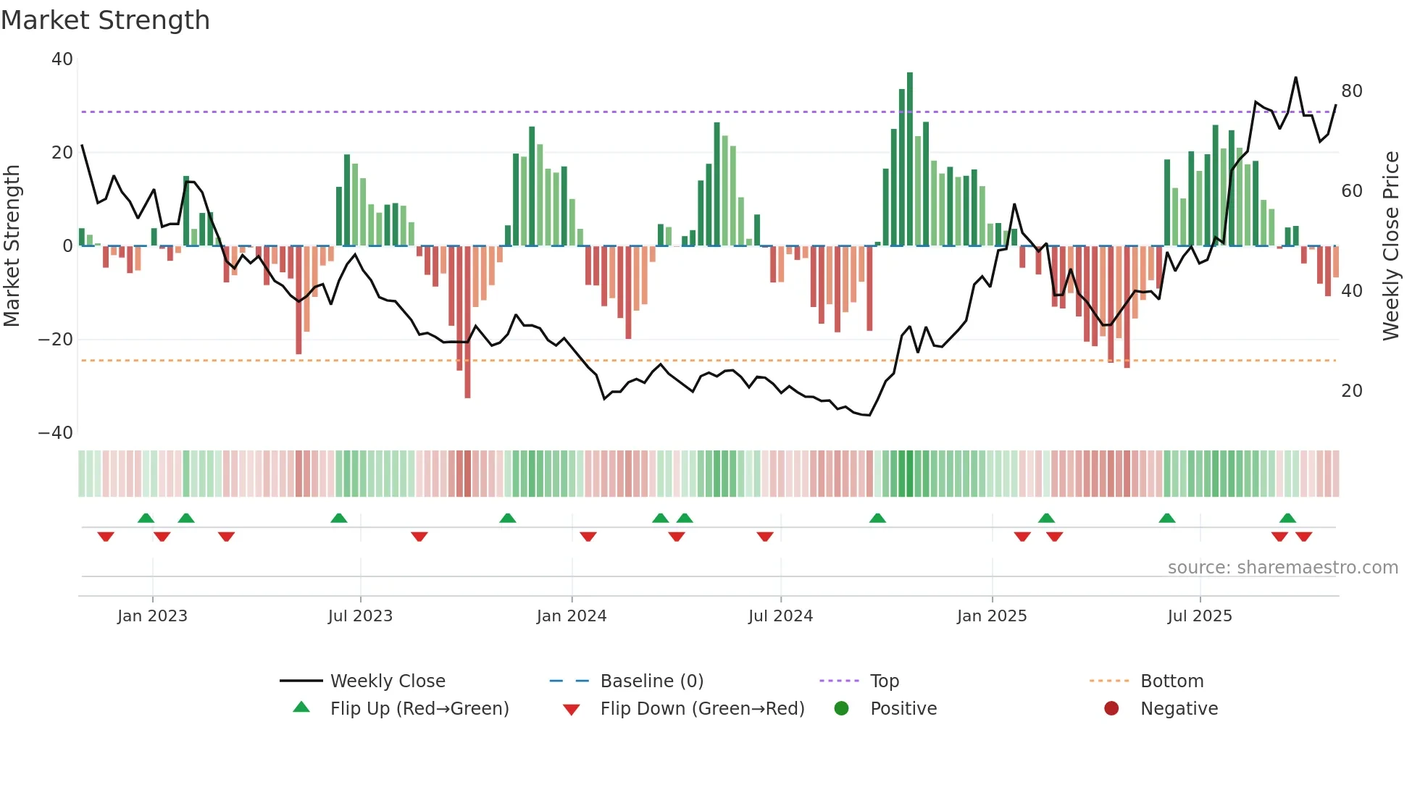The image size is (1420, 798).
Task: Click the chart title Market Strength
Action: pos(106,20)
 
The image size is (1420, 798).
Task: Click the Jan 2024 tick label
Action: pos(571,616)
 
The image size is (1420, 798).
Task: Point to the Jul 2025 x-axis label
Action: pos(1199,616)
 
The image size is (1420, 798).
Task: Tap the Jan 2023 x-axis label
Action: pos(152,616)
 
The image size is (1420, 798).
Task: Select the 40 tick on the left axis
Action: pos(62,59)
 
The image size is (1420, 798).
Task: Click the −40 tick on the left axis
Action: pos(56,433)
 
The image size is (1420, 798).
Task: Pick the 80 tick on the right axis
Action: pos(1351,91)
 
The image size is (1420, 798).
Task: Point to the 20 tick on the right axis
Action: pos(1351,391)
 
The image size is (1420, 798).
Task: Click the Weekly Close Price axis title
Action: pos(1390,246)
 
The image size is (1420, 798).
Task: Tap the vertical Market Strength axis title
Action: pos(12,246)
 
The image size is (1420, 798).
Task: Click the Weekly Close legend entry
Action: pos(387,681)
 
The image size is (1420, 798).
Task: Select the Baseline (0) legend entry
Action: pos(651,681)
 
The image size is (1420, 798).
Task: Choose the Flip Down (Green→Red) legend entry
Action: pos(701,709)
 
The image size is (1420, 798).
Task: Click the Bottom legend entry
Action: pos(1171,681)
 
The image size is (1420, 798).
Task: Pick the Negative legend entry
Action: pos(1179,709)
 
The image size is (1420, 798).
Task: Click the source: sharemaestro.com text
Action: pos(1282,568)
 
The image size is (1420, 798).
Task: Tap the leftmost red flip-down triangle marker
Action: pos(106,537)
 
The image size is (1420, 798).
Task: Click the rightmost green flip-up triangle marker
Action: pos(1287,518)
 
